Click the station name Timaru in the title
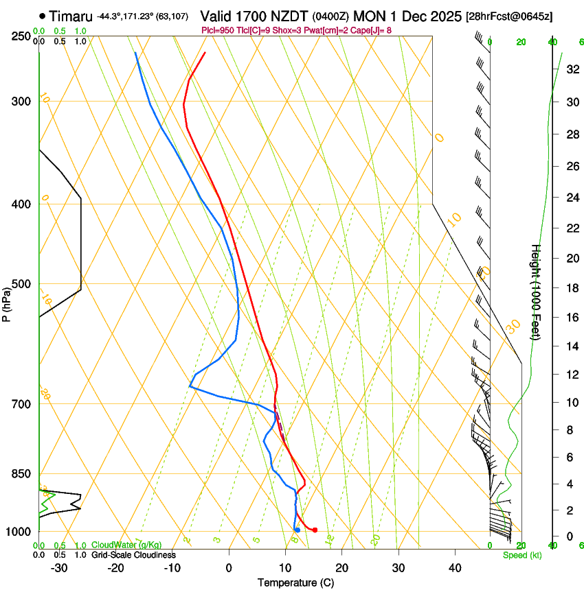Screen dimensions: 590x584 [x=71, y=16]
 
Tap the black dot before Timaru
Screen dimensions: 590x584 [x=43, y=16]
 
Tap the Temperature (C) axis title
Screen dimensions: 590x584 [x=295, y=583]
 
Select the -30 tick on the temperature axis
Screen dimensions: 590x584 [x=59, y=568]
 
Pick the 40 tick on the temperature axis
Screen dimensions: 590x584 [x=455, y=568]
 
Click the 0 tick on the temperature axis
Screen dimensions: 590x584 [x=229, y=568]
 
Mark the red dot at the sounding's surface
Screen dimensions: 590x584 [x=315, y=530]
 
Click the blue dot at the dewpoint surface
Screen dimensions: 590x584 [x=297, y=530]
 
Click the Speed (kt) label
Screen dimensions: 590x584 [x=521, y=555]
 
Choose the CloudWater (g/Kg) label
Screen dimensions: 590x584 [x=126, y=545]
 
